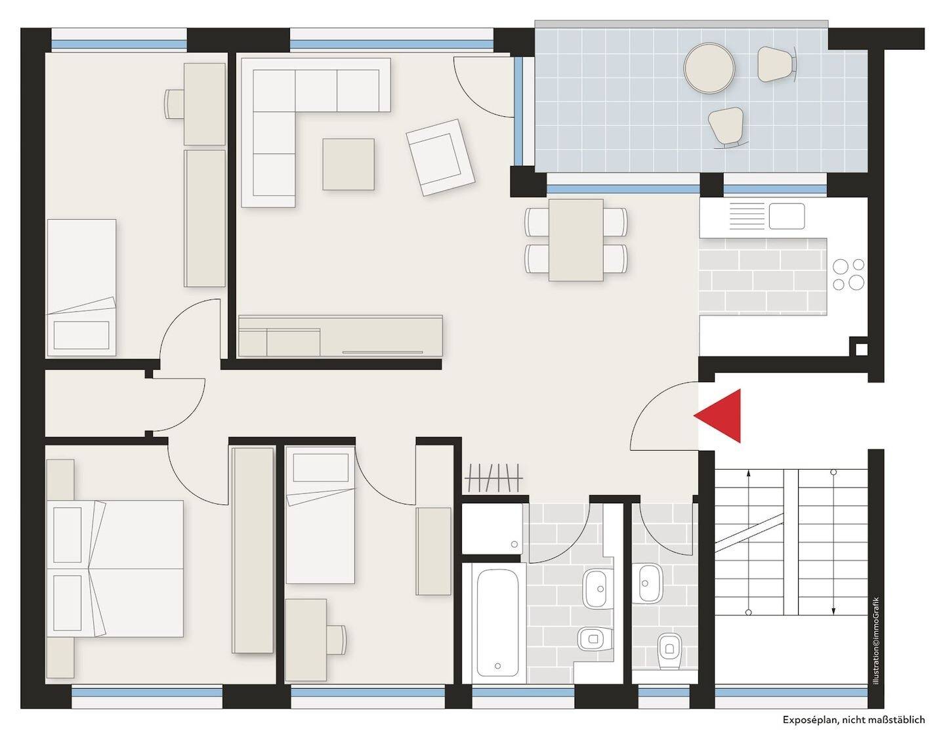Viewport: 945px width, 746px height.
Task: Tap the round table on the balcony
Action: (709, 68)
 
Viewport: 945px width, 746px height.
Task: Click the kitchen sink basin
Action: (787, 216)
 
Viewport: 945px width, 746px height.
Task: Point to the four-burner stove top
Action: (849, 274)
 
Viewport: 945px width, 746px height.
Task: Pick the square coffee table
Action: (348, 164)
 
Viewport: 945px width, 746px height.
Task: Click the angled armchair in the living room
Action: (440, 157)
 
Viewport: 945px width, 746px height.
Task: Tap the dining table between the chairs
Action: (576, 239)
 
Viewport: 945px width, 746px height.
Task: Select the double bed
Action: (115, 569)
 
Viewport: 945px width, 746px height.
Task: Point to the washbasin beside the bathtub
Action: (597, 589)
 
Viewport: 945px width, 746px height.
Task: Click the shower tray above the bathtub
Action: (492, 529)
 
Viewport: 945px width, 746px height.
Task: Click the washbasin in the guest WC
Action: (651, 583)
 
